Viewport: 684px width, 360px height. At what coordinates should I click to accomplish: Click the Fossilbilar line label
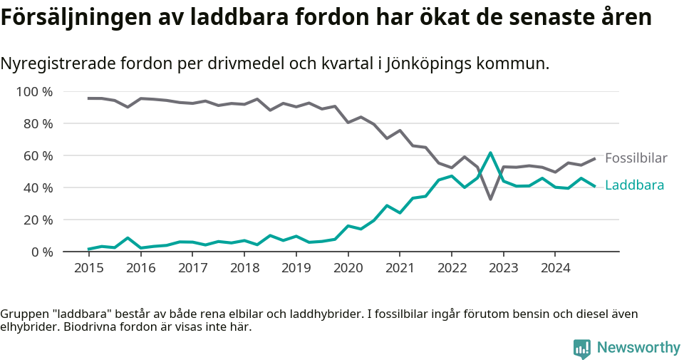[636, 158]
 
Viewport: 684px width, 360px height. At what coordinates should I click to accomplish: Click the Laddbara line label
[634, 185]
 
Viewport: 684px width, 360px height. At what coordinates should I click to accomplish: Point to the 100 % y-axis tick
[34, 92]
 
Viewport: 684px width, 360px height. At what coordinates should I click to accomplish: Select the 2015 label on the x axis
[89, 268]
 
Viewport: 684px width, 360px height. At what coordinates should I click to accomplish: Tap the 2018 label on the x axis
[244, 268]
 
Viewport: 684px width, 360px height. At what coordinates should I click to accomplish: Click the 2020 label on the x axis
[348, 268]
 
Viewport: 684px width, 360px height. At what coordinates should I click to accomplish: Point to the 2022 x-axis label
[452, 268]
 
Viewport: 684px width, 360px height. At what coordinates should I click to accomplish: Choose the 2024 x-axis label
[555, 268]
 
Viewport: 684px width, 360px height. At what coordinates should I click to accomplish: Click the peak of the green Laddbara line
[490, 153]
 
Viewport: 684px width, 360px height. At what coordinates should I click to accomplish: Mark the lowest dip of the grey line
[490, 199]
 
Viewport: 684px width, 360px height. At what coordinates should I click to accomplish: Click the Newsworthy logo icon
[581, 348]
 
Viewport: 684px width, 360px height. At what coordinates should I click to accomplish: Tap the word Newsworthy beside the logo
[638, 348]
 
